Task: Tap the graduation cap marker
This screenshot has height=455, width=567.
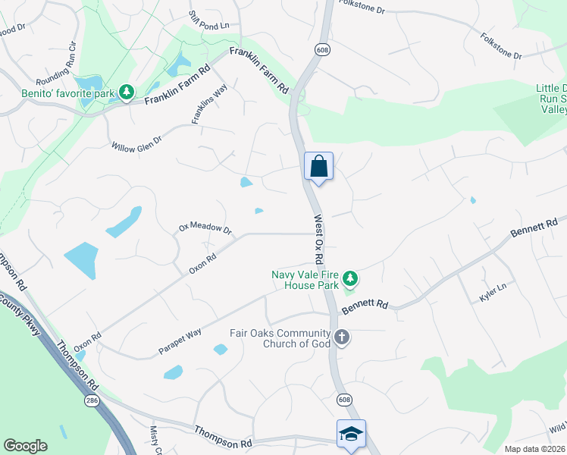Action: click(x=351, y=435)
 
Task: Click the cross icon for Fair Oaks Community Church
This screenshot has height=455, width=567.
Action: click(x=342, y=337)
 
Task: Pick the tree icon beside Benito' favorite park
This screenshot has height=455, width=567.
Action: click(x=127, y=93)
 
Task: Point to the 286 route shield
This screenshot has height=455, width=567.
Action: click(x=91, y=400)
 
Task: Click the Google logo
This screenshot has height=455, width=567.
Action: click(x=25, y=446)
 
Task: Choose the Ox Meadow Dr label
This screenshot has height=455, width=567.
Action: click(x=205, y=227)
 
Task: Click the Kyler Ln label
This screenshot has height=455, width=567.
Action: click(x=493, y=290)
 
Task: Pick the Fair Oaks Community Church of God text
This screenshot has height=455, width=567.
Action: click(x=280, y=338)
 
